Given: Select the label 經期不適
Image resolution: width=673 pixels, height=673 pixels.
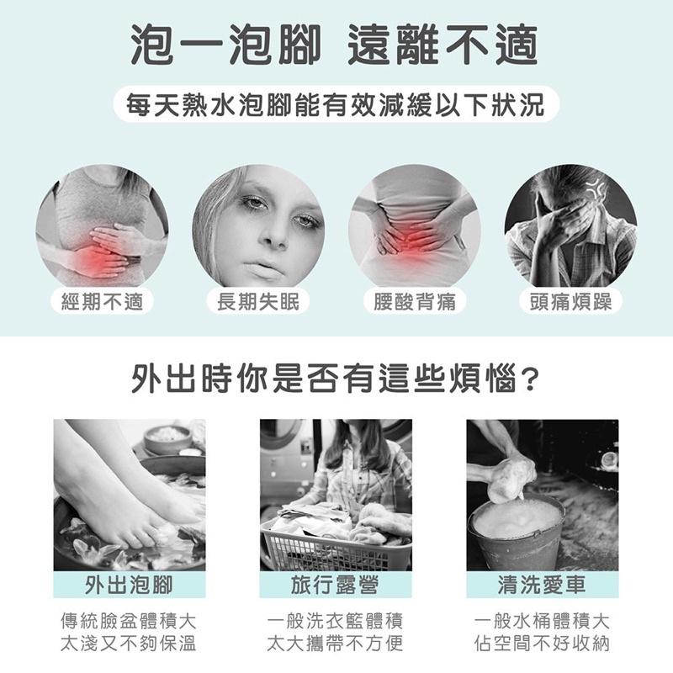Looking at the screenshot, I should click(x=102, y=301).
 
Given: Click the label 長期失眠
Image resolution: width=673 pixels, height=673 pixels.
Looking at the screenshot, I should click(x=257, y=301).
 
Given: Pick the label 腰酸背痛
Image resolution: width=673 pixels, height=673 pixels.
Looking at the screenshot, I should click(x=415, y=301).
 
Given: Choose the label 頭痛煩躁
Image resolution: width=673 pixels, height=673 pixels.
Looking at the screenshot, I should click(x=570, y=301).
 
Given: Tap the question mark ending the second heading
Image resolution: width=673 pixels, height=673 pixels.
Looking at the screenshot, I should click(x=529, y=380).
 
